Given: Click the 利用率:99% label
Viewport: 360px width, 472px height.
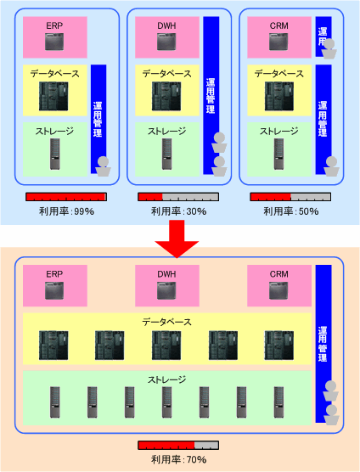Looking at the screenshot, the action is [66, 211].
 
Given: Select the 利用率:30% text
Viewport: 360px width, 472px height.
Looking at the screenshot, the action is [178, 211].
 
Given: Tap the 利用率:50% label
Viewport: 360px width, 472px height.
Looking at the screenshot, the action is [290, 211].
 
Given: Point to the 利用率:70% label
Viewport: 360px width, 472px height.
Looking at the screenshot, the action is [178, 459].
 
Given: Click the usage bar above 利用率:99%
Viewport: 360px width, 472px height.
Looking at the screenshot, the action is [66, 197].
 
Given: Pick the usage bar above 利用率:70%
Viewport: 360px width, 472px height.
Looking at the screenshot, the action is [178, 445].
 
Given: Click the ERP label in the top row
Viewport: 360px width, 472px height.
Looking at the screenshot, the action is [54, 25].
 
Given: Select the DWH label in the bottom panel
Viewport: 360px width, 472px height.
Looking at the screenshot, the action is [166, 274].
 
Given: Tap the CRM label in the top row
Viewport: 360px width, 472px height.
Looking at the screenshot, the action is [278, 25].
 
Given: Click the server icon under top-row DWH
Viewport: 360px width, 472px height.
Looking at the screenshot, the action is [166, 42].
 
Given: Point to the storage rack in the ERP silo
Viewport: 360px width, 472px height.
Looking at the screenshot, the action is [54, 154].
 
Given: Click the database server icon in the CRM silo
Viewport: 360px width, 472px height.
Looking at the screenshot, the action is [279, 96].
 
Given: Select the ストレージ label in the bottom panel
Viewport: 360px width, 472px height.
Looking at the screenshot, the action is [166, 379].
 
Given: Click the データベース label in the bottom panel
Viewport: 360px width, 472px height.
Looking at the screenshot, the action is [166, 322].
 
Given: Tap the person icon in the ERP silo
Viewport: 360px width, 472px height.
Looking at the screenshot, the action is [104, 166].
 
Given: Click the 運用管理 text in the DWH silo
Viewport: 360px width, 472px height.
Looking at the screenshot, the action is [211, 96].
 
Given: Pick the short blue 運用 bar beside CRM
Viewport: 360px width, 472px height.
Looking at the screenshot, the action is [323, 37].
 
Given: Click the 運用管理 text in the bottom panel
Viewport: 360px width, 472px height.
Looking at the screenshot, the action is [323, 345].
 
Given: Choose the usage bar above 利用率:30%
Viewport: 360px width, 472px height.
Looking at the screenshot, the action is [178, 197].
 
